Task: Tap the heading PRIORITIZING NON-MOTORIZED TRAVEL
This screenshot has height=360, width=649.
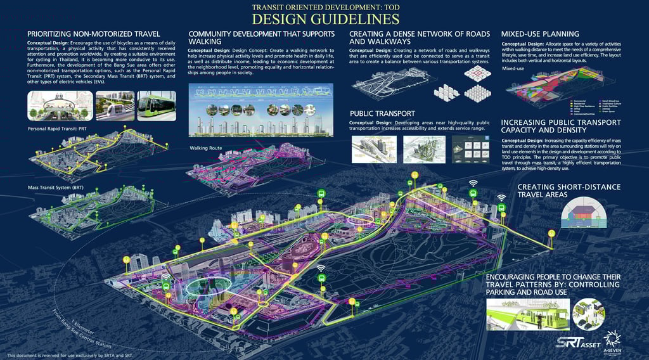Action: pyautogui.click(x=93, y=33)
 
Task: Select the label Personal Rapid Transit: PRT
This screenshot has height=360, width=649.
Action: pyautogui.click(x=58, y=129)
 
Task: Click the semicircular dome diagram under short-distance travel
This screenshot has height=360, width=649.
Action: pyautogui.click(x=584, y=212)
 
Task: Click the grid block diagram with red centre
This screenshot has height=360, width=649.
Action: pyautogui.click(x=474, y=74)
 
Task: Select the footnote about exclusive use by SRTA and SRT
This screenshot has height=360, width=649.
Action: pyautogui.click(x=70, y=355)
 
